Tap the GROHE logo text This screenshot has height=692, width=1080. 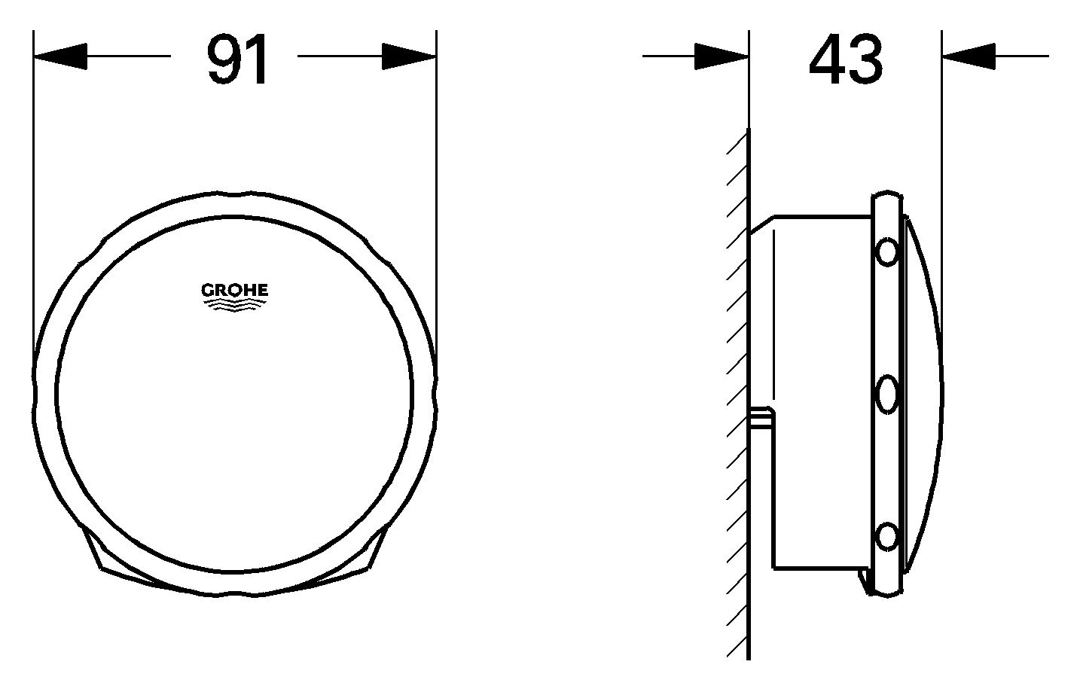click(234, 290)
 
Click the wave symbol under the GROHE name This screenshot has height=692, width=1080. click(234, 303)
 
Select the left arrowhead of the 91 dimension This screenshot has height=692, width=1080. click(60, 56)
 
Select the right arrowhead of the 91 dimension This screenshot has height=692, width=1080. click(409, 56)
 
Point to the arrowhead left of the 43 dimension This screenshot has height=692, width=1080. click(721, 56)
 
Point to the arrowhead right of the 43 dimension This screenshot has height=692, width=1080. click(969, 56)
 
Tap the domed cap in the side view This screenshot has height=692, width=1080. click(923, 392)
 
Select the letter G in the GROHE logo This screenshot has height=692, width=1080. click(206, 290)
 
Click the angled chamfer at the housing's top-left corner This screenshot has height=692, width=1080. click(761, 224)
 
